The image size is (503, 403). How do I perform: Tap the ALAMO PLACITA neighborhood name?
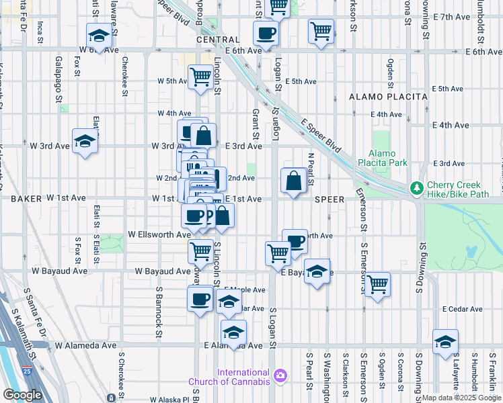388,97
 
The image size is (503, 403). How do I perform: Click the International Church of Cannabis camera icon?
280,374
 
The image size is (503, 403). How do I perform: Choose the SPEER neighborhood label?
329,199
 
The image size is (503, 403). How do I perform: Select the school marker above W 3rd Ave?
85,141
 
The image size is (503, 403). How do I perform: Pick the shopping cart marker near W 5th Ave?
200,77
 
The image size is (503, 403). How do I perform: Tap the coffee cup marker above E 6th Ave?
266,32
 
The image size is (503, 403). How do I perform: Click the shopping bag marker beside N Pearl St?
294,181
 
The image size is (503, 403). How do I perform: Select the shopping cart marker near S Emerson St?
377,283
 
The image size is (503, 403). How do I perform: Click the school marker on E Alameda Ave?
233,332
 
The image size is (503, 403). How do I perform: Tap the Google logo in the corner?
22,395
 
